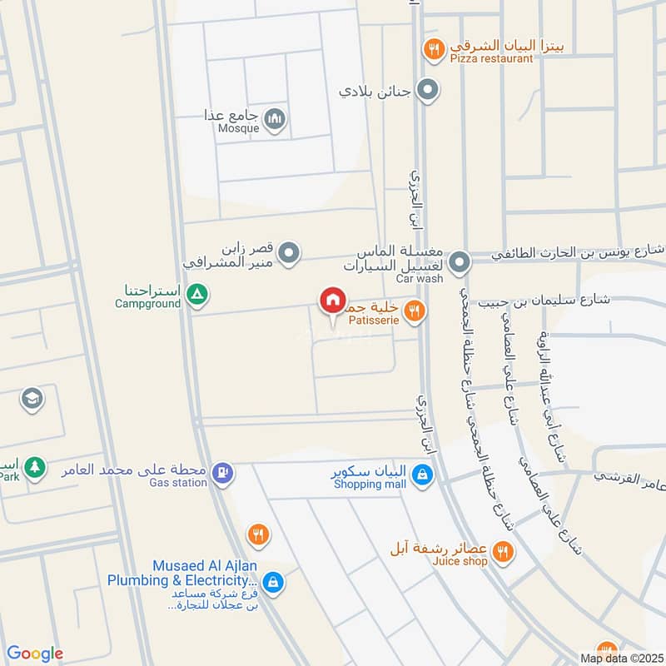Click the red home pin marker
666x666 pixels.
(333, 301)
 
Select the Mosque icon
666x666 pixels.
(276, 121)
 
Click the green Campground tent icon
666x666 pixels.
(197, 293)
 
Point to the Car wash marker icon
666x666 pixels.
(459, 265)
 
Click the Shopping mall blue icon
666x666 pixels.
(424, 475)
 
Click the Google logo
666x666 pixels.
(35, 654)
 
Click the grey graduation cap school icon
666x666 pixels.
(32, 399)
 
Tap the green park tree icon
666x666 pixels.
(34, 467)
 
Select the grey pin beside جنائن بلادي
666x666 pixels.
(428, 89)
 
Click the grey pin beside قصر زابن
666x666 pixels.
(289, 251)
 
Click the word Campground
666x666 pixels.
(147, 304)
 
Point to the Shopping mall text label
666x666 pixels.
(367, 484)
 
